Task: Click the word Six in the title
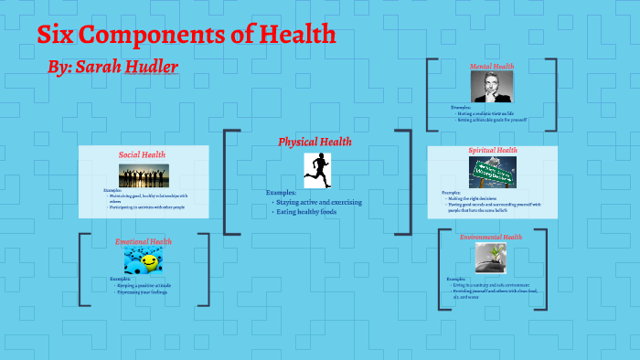56,36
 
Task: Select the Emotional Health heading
144,242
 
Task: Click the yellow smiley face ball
148,262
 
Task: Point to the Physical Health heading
315,142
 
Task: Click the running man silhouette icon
317,169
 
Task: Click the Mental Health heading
492,67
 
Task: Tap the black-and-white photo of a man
492,88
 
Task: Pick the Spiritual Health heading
492,150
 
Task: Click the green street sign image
493,171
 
